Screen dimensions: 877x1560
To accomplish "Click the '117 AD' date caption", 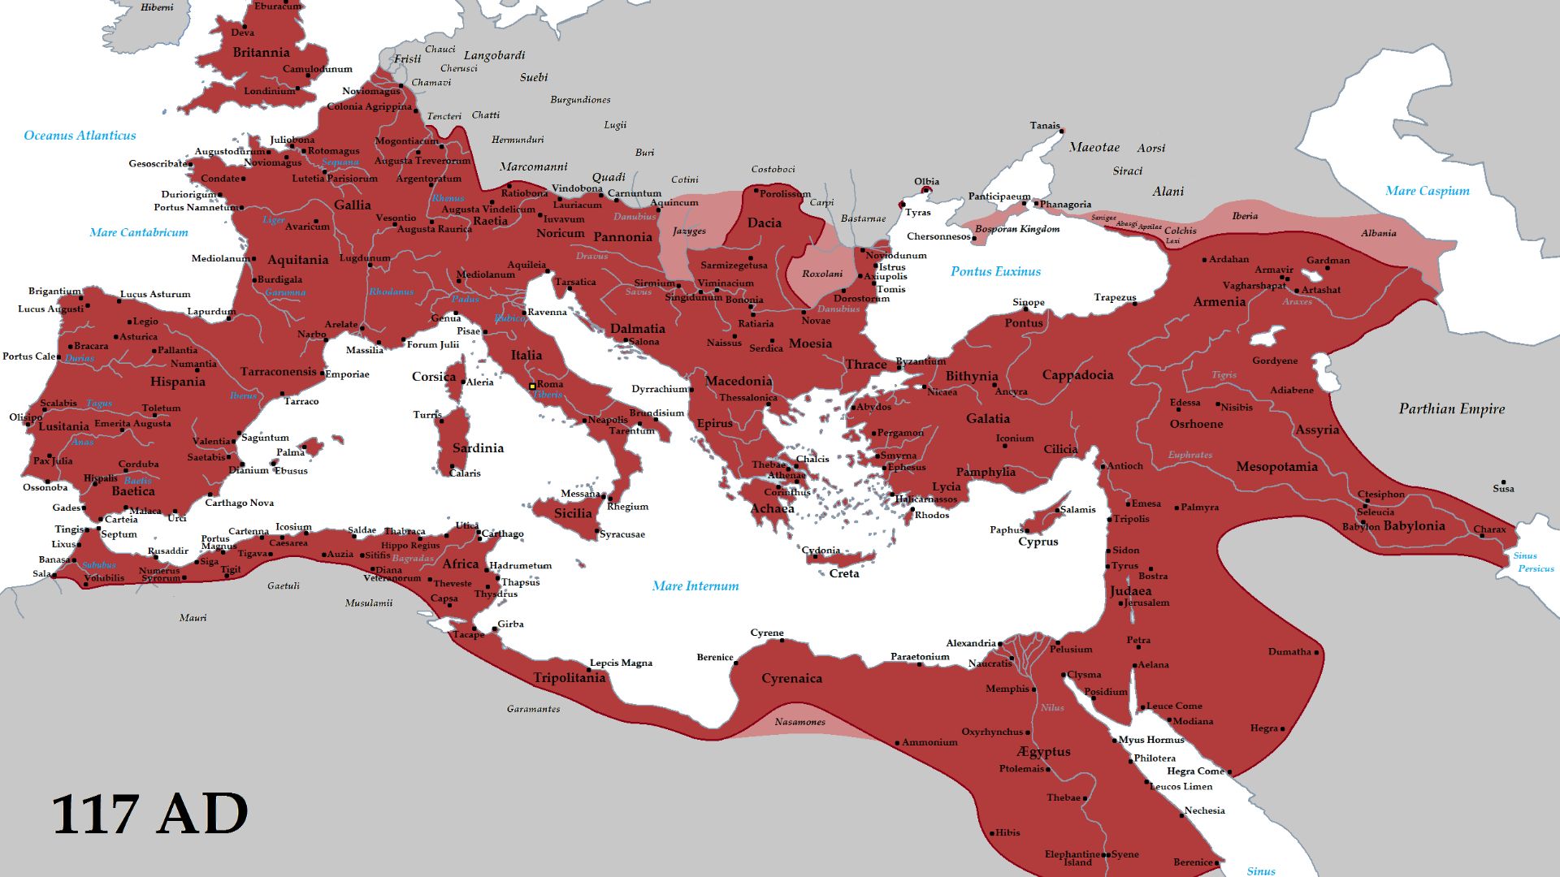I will coord(150,814).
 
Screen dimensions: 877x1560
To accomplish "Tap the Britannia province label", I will coord(261,53).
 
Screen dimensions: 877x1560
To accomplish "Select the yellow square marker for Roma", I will coord(532,387).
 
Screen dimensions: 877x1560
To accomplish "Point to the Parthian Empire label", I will coord(1451,408).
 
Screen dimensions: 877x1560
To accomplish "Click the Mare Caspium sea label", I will coord(1427,191).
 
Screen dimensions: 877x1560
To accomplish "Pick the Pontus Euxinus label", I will coord(995,271).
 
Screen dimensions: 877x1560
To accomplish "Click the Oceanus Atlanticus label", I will coord(80,136).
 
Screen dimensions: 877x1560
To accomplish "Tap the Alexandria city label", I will coord(970,643).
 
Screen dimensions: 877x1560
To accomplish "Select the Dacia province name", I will coord(764,222).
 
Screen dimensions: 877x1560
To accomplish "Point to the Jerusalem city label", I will coord(1146,603).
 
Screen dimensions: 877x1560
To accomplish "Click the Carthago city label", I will coord(503,534).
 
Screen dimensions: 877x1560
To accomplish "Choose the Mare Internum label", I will coord(695,585).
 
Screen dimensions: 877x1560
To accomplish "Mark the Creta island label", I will coord(843,573).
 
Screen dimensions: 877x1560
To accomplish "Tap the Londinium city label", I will coord(270,91).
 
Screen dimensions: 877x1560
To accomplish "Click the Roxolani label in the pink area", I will coord(822,274).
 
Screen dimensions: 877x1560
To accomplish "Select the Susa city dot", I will coord(1503,482).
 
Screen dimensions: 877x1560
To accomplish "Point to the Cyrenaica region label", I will coord(791,678).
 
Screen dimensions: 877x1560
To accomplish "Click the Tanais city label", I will coord(1044,125).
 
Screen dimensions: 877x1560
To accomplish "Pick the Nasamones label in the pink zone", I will coord(799,722).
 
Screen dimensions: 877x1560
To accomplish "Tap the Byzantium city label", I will coord(921,361).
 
